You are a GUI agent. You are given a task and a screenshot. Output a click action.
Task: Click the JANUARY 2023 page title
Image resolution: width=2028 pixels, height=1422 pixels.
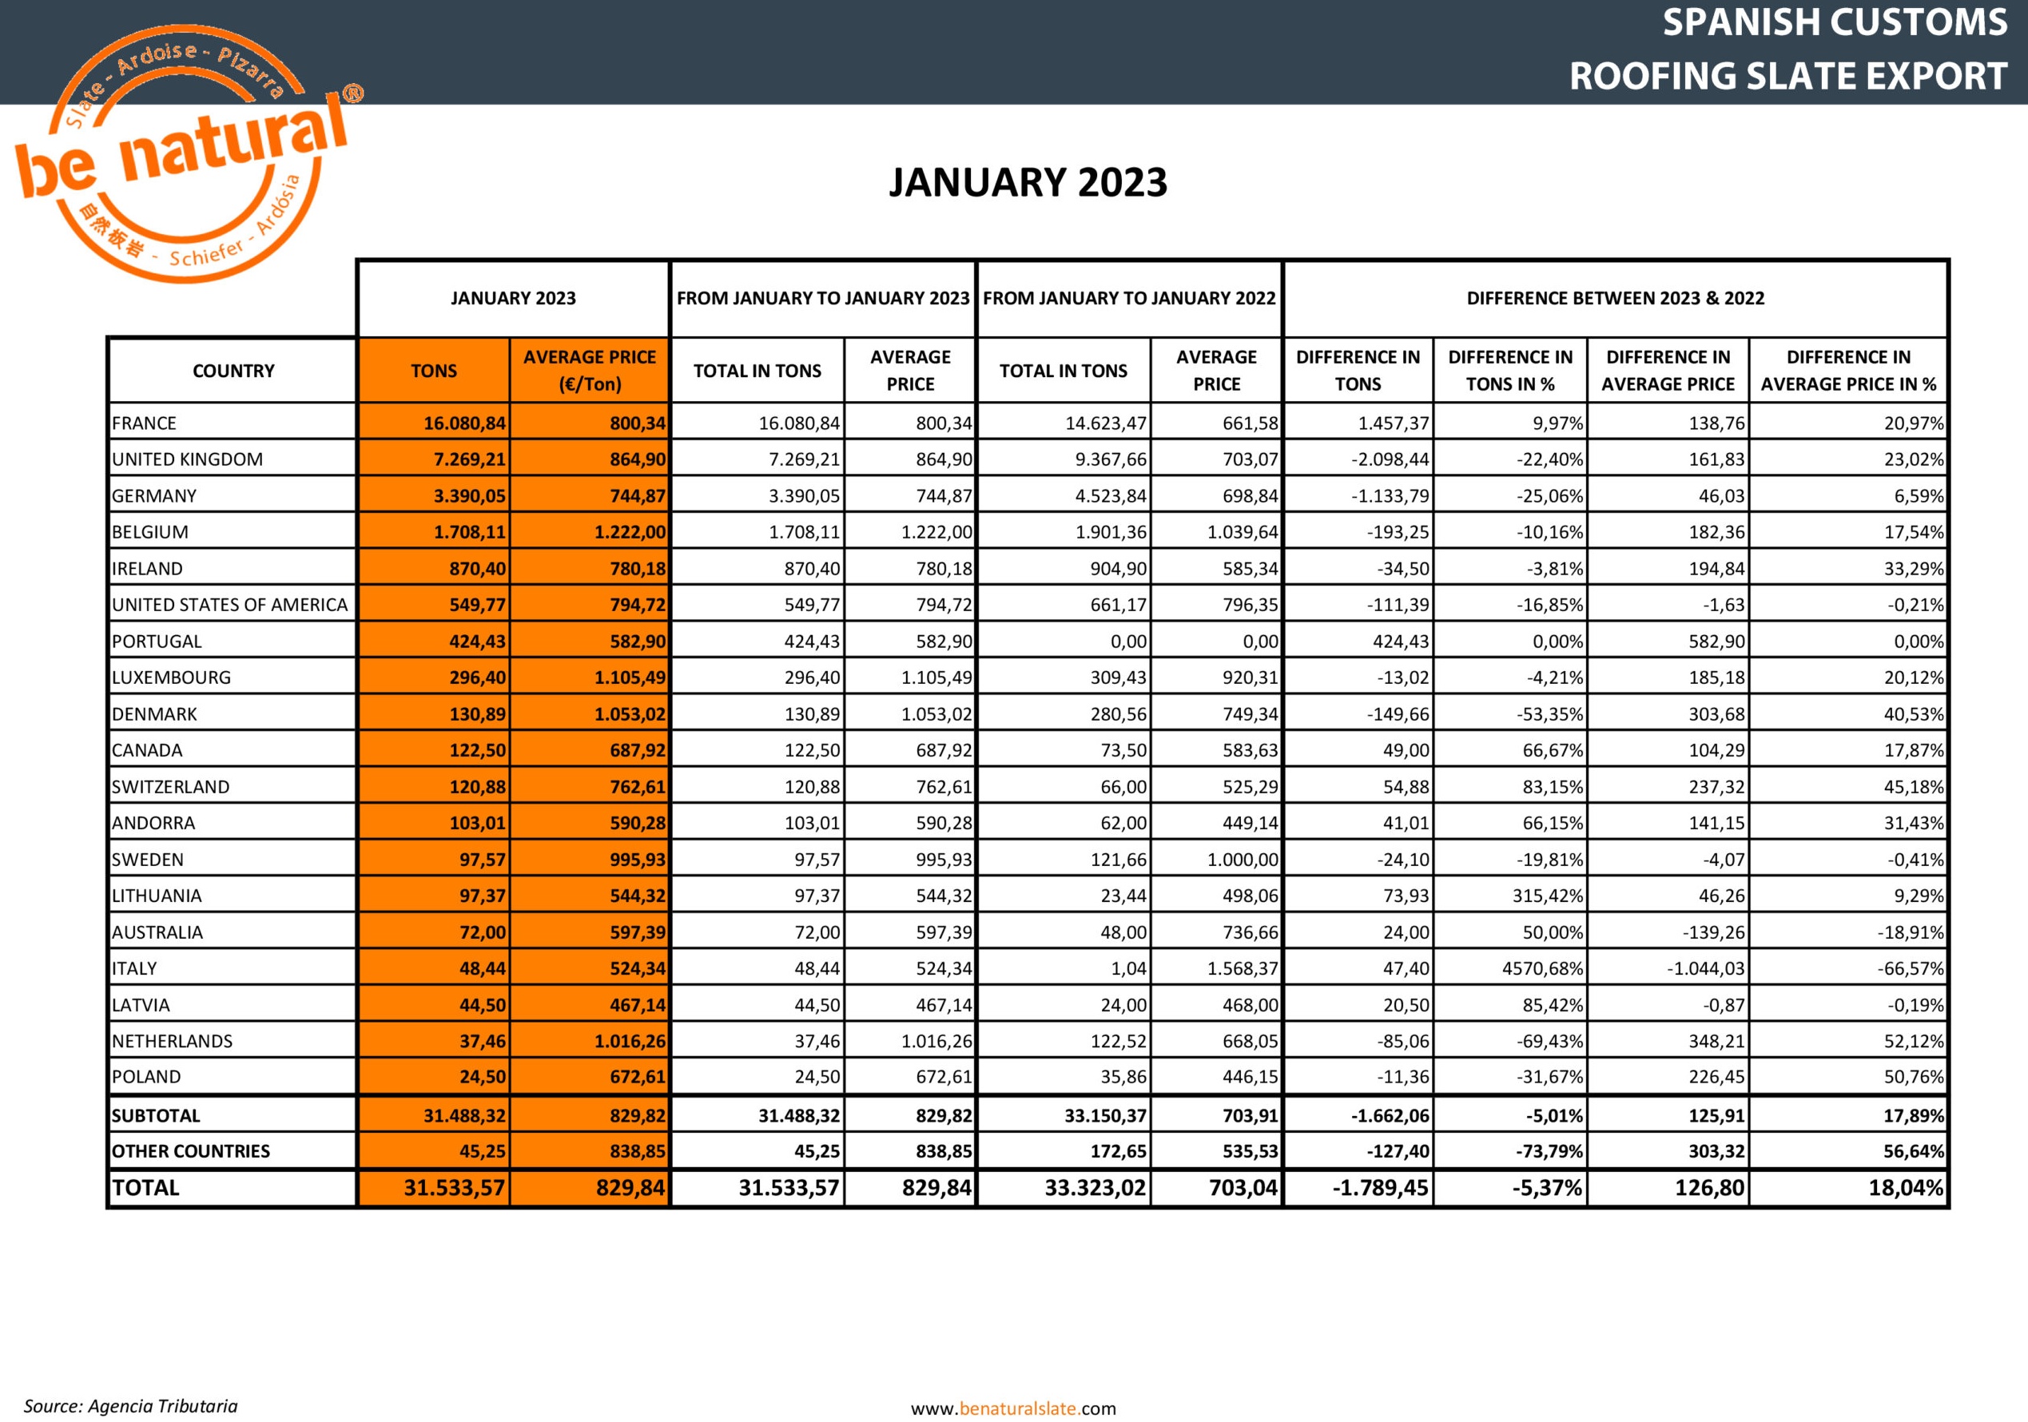tap(1028, 183)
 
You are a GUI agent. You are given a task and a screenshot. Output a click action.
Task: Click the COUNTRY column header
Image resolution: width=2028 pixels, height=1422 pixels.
tap(233, 371)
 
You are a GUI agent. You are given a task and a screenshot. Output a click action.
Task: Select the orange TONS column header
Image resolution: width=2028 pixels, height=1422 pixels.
tap(434, 371)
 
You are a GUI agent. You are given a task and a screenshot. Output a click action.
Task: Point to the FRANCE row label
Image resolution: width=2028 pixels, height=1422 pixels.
tap(144, 423)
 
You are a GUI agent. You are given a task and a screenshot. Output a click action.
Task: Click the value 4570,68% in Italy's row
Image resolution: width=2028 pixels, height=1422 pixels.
tap(1542, 969)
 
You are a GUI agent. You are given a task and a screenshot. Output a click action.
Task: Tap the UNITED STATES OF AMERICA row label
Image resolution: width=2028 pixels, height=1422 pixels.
tap(229, 605)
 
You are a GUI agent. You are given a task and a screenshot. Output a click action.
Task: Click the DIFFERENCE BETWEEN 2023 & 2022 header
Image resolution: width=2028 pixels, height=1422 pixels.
tap(1615, 299)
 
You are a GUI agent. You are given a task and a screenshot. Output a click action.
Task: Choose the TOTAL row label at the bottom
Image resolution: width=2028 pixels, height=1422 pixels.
tap(145, 1188)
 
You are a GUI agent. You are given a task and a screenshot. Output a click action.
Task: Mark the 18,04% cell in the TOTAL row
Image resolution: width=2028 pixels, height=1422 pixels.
tap(1905, 1188)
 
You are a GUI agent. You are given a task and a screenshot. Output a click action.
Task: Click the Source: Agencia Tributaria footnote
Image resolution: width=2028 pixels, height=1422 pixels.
tap(131, 1406)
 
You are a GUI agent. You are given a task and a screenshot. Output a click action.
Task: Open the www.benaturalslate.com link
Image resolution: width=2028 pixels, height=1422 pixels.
tap(1013, 1408)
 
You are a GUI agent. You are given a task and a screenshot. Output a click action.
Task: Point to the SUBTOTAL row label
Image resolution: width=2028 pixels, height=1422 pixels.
tap(157, 1115)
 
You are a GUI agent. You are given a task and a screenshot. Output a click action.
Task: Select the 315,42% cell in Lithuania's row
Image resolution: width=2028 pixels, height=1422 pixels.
tap(1548, 896)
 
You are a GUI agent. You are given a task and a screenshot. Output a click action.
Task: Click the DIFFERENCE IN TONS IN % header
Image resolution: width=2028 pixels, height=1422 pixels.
tap(1509, 371)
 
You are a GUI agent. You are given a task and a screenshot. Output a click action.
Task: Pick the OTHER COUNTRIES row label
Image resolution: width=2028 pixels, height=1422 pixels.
tap(191, 1151)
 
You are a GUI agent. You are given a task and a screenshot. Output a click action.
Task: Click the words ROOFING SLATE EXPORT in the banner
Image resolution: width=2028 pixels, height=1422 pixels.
tap(1787, 76)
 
